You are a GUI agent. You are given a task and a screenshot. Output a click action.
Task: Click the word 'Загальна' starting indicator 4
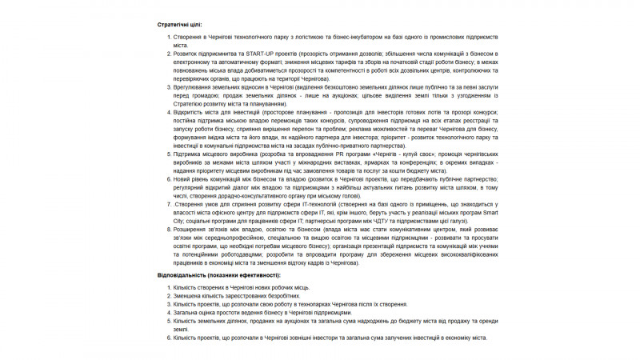186,312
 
